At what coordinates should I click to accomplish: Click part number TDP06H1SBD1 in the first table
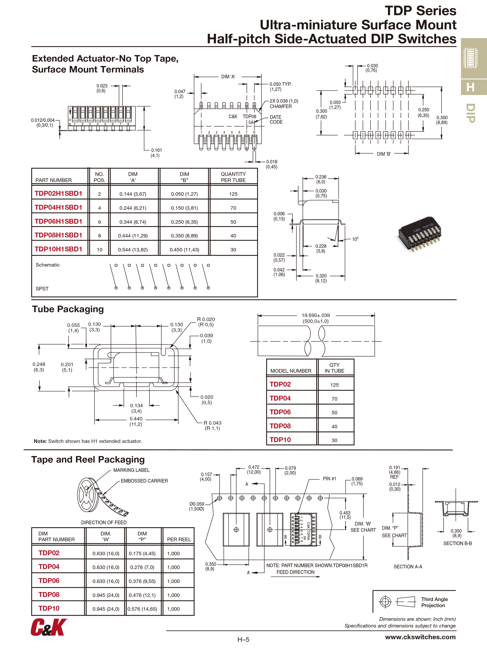tap(58, 221)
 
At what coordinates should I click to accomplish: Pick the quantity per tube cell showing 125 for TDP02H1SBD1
tap(233, 194)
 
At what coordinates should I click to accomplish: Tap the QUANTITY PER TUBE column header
tap(233, 177)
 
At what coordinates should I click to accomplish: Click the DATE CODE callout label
tap(276, 120)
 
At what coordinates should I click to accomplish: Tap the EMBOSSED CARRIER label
tap(144, 481)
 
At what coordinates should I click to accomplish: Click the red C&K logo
tap(49, 627)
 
